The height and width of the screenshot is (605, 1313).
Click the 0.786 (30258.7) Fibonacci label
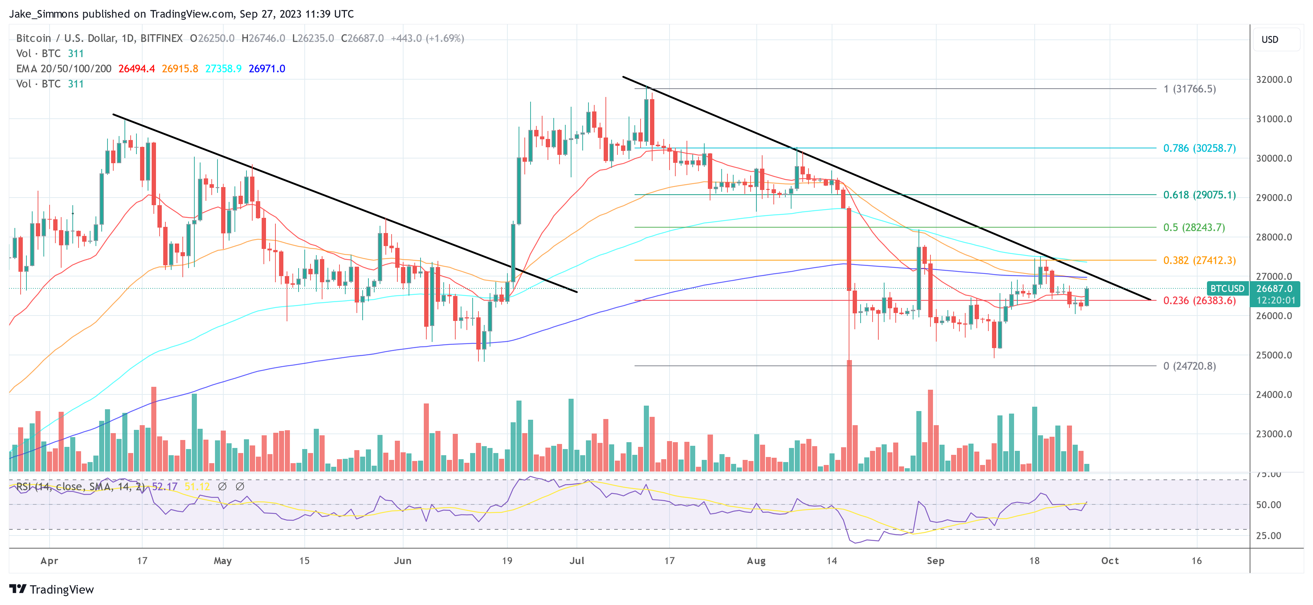click(x=1199, y=148)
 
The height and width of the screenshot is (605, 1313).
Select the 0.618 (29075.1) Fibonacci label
click(x=1199, y=195)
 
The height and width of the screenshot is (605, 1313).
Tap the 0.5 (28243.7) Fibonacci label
click(x=1193, y=227)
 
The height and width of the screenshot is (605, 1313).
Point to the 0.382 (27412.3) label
click(x=1199, y=261)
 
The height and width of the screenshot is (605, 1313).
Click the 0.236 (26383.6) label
click(x=1199, y=301)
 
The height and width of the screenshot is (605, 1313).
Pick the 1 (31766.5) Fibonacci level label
click(x=1189, y=89)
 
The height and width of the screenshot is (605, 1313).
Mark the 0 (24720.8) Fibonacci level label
click(x=1189, y=366)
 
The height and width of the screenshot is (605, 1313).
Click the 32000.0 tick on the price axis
click(x=1274, y=80)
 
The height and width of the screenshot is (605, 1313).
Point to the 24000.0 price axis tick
click(x=1274, y=394)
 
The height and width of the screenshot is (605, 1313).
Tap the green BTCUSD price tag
click(x=1227, y=288)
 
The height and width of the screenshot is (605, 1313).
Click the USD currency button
click(x=1270, y=40)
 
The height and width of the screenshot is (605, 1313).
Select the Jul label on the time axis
click(x=577, y=560)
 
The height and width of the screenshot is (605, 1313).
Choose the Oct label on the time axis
click(x=1110, y=560)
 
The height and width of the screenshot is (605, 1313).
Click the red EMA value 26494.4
click(x=136, y=69)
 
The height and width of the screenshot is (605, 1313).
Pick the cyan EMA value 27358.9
click(x=223, y=69)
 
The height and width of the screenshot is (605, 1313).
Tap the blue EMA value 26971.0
click(x=267, y=69)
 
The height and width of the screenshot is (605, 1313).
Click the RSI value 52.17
click(x=165, y=487)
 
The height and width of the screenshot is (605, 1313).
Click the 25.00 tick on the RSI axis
click(x=1268, y=536)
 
